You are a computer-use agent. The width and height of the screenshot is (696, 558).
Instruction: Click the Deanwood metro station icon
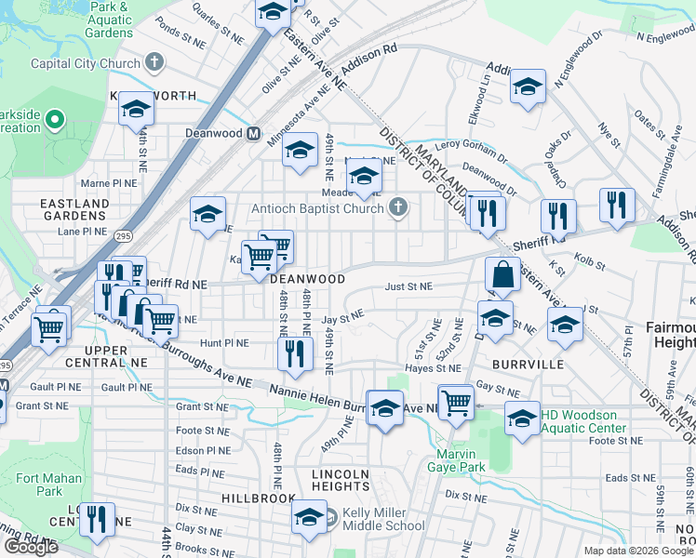click(x=252, y=133)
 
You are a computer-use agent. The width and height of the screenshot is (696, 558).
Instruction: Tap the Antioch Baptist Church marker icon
click(x=399, y=207)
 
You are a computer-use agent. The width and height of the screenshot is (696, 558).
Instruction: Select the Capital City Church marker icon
click(x=155, y=63)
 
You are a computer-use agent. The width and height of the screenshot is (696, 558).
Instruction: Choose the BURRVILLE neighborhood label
click(x=529, y=365)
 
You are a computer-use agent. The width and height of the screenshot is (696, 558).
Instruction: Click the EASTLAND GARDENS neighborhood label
click(x=74, y=210)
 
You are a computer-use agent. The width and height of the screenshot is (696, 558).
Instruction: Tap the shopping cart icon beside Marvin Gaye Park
click(x=455, y=403)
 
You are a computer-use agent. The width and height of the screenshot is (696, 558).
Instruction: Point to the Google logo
click(x=30, y=547)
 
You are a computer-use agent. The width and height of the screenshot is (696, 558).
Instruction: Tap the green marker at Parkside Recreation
click(x=54, y=120)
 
